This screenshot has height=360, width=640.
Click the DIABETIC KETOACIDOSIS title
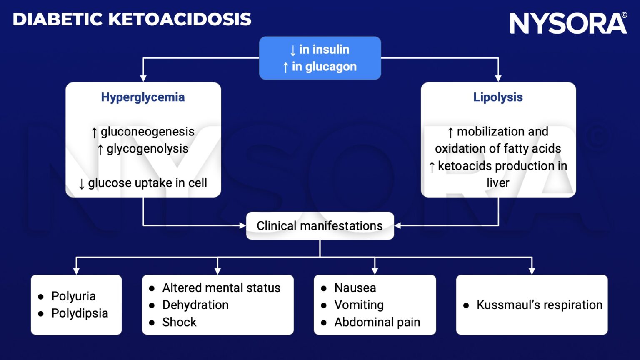click(x=132, y=20)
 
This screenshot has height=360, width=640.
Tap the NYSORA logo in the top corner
click(x=567, y=23)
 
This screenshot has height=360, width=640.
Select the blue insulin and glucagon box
click(x=320, y=58)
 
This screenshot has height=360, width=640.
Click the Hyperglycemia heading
click(x=143, y=97)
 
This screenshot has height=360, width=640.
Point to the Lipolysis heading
click(x=498, y=97)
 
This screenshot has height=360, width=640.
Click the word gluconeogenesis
click(x=147, y=132)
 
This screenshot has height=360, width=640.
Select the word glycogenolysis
click(x=147, y=149)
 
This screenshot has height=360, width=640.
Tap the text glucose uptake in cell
click(x=147, y=183)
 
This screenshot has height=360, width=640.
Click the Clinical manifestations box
click(x=320, y=226)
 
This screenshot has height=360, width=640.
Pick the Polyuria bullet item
click(x=73, y=296)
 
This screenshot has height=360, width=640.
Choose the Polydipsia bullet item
click(x=80, y=313)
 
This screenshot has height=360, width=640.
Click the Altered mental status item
click(x=221, y=288)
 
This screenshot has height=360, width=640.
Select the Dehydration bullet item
click(x=195, y=305)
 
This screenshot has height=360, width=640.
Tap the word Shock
click(x=179, y=322)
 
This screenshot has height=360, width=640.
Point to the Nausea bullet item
click(x=355, y=288)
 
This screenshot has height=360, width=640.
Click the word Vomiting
click(x=359, y=305)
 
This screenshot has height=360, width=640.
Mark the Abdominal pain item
click(x=377, y=322)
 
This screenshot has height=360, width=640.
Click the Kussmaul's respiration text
click(x=539, y=305)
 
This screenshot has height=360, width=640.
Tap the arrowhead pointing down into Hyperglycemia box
click(x=143, y=78)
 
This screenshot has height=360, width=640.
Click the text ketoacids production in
click(x=502, y=166)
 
